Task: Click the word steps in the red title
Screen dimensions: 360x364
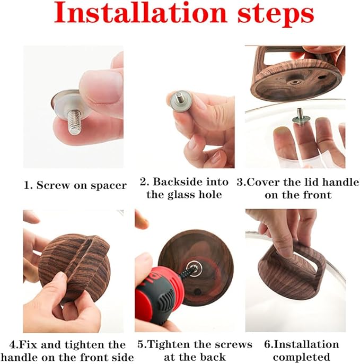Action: pyautogui.click(x=276, y=15)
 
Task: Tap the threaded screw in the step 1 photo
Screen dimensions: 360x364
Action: pyautogui.click(x=75, y=122)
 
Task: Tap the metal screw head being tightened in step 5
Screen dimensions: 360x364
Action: pyautogui.click(x=195, y=267)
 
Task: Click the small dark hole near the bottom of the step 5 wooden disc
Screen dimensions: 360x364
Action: pyautogui.click(x=197, y=292)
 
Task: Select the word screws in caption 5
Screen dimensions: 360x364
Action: pyautogui.click(x=233, y=345)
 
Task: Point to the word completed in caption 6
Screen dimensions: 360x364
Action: pyautogui.click(x=301, y=357)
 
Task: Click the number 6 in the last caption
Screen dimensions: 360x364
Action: pyautogui.click(x=267, y=345)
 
